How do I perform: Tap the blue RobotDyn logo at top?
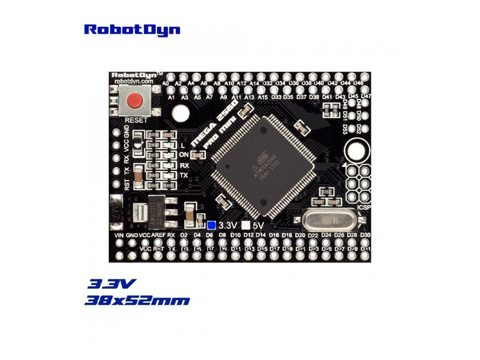[132, 30]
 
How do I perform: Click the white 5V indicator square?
[244, 225]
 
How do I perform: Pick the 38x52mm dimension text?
[137, 300]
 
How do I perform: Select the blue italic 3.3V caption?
[112, 284]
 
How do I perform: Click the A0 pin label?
[165, 83]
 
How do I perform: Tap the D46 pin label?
[359, 83]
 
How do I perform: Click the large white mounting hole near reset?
[180, 113]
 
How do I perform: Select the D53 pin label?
[345, 129]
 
